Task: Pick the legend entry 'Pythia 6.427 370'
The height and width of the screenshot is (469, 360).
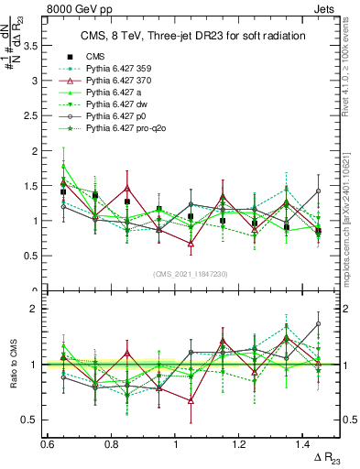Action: pyautogui.click(x=114, y=79)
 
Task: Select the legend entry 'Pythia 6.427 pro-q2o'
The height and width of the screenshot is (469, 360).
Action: pyautogui.click(x=118, y=126)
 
